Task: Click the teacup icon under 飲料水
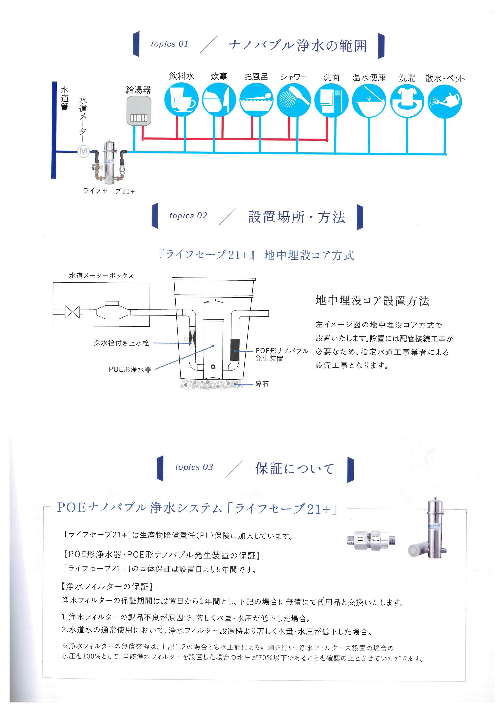[181, 100]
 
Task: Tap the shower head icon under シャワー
[294, 100]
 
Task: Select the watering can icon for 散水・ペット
[445, 101]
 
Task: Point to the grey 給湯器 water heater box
[139, 111]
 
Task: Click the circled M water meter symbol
[83, 151]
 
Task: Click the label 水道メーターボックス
[101, 276]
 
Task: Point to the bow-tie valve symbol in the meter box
[72, 312]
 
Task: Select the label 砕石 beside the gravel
[262, 384]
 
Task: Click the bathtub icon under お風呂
[256, 100]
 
